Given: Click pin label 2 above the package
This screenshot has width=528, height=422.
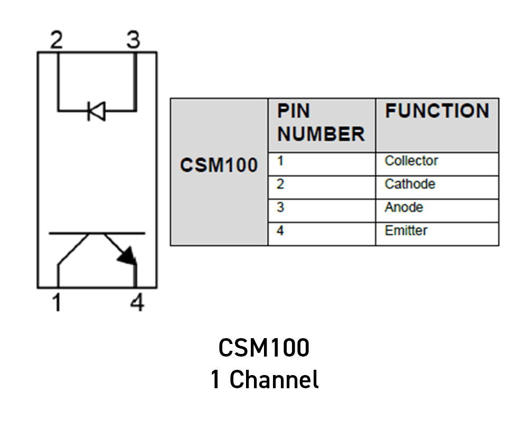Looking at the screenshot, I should (x=56, y=40).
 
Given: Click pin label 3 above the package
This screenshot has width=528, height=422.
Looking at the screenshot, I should (x=133, y=40).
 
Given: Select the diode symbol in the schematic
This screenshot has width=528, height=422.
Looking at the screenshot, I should (x=96, y=111).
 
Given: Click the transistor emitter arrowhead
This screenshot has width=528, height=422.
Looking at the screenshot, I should (x=127, y=256).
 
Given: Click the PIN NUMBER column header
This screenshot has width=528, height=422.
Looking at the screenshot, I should (x=321, y=123).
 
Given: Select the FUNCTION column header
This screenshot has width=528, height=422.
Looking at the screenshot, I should (x=437, y=111).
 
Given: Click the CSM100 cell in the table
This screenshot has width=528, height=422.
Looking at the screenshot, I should (x=219, y=165).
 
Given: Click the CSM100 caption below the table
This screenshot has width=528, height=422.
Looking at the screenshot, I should (x=263, y=348).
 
